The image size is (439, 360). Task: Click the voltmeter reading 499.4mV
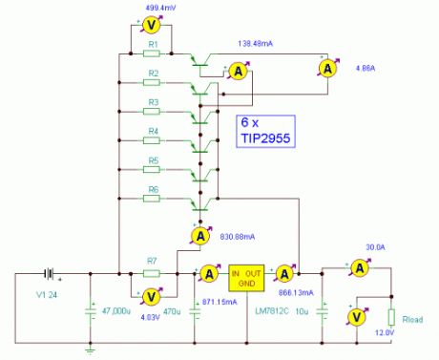tap(149, 28)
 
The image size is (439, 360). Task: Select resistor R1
tap(152, 53)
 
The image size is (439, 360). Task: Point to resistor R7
tap(151, 272)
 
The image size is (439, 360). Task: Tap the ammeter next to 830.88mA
tap(199, 234)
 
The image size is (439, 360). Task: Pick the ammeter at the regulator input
tap(206, 273)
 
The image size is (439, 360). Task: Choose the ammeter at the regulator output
tap(283, 272)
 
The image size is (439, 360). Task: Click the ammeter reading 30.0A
tap(358, 270)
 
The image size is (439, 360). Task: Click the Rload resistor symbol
tap(391, 317)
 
